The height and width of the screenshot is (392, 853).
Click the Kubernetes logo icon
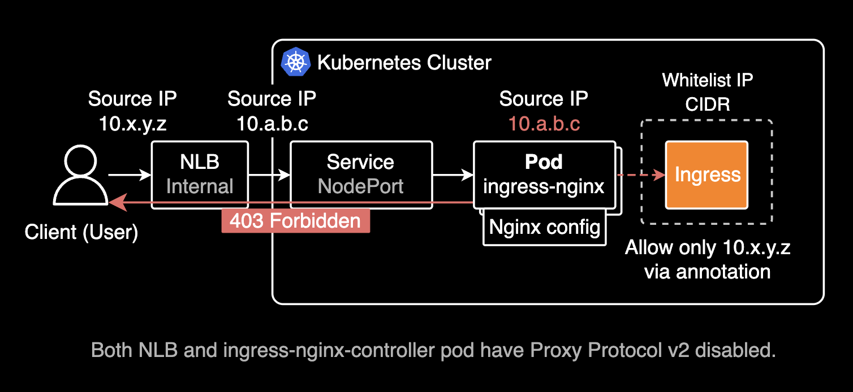pyautogui.click(x=296, y=62)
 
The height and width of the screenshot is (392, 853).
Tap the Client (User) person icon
pyautogui.click(x=81, y=176)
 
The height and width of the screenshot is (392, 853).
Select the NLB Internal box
pyautogui.click(x=200, y=175)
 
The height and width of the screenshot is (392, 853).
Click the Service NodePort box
pyautogui.click(x=361, y=175)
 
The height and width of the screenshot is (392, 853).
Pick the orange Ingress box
pyautogui.click(x=706, y=175)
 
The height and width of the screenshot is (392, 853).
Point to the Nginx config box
pyautogui.click(x=544, y=228)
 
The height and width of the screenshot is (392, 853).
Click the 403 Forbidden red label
pyautogui.click(x=295, y=221)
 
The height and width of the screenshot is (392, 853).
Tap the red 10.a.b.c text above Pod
pyautogui.click(x=544, y=124)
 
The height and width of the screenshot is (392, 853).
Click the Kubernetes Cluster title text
pyautogui.click(x=404, y=62)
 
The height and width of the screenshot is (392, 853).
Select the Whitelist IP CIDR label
pyautogui.click(x=707, y=92)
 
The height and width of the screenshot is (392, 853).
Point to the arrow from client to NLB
pyautogui.click(x=130, y=175)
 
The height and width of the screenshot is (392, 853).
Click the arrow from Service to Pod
pyautogui.click(x=453, y=175)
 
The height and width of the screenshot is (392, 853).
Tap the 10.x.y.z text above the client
pyautogui.click(x=133, y=124)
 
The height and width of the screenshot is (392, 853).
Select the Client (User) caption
pyautogui.click(x=81, y=232)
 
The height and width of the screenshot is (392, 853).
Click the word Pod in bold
pyautogui.click(x=544, y=162)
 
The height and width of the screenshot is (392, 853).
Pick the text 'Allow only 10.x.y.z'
pyautogui.click(x=707, y=247)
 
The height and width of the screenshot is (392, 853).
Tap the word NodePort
pyautogui.click(x=361, y=186)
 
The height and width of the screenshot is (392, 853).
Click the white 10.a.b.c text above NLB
pyautogui.click(x=272, y=124)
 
